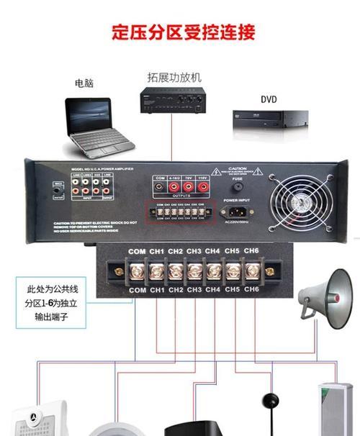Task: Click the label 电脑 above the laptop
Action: pyautogui.click(x=84, y=83)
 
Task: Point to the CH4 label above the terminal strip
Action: pyautogui.click(x=212, y=251)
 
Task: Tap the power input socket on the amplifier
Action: pyautogui.click(x=238, y=212)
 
